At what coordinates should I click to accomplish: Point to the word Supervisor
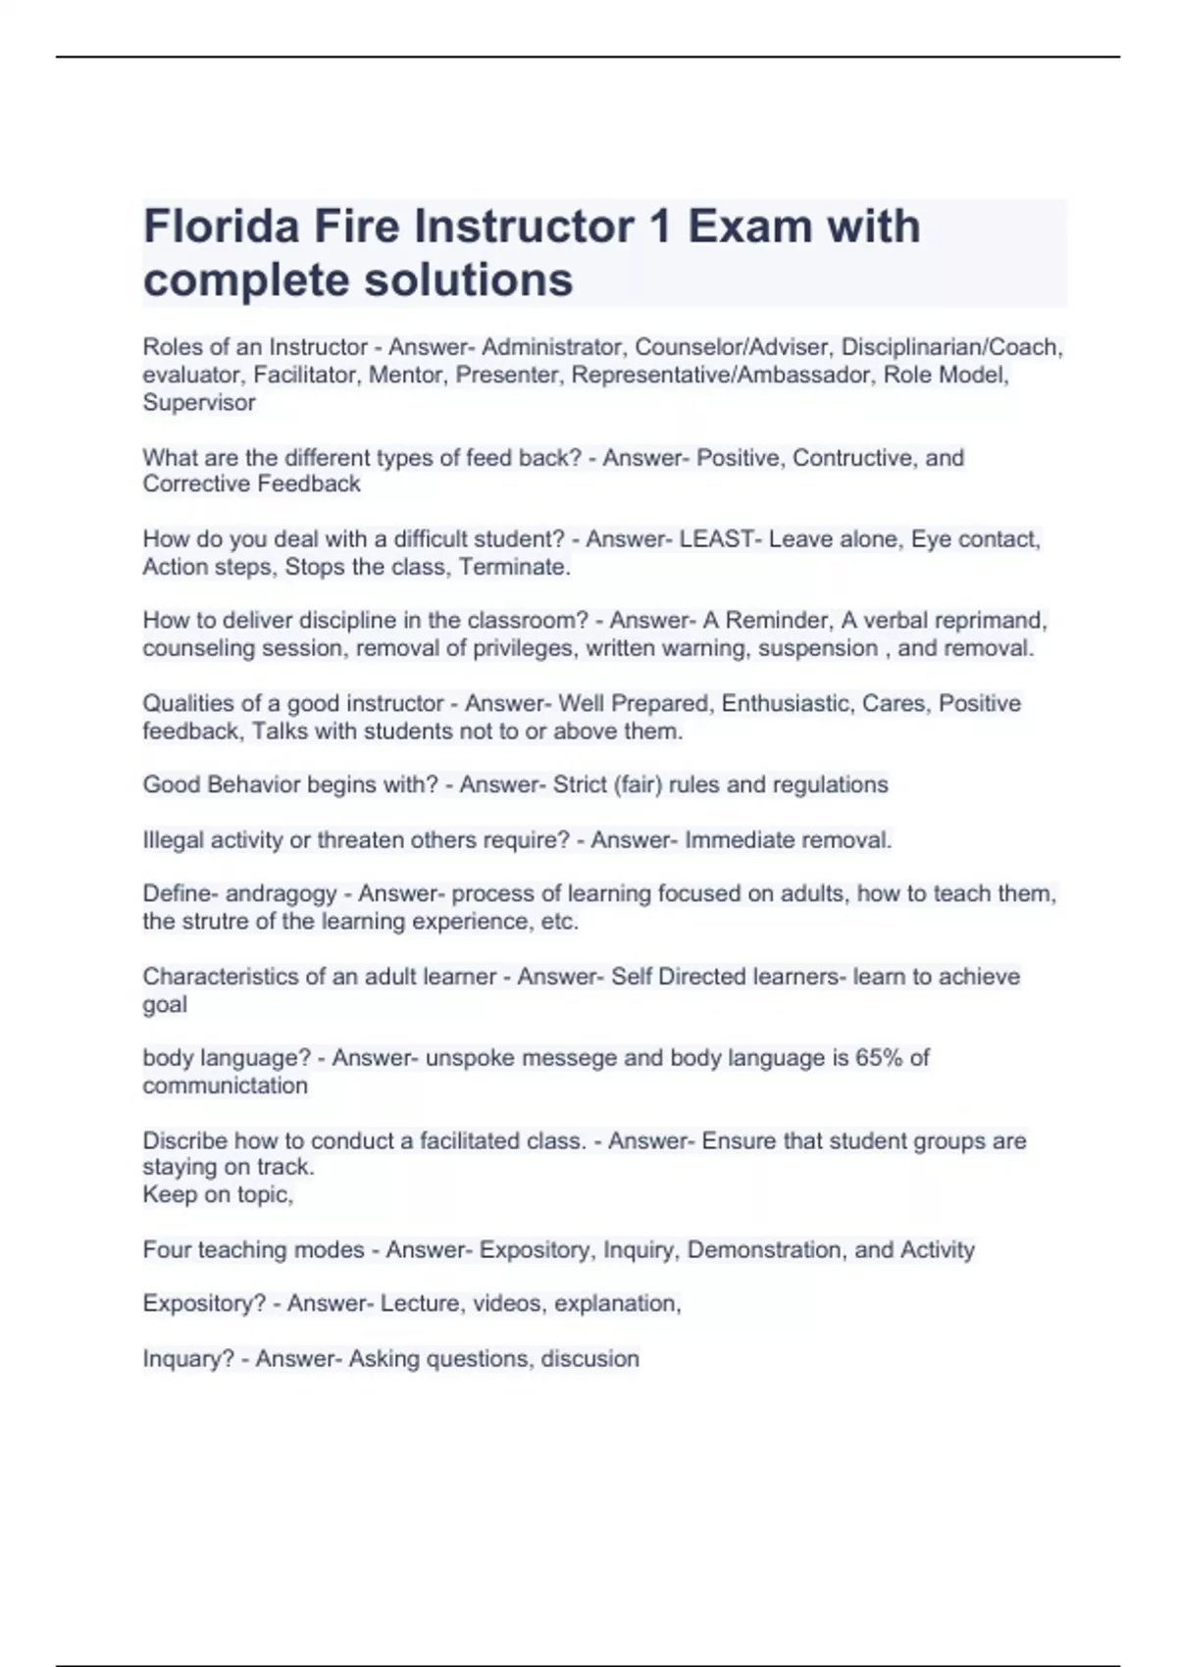[x=199, y=402]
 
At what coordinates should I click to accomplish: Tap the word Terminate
[x=514, y=567]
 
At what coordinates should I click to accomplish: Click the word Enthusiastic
[x=786, y=703]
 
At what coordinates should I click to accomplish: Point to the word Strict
[x=580, y=784]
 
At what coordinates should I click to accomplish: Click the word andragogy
[x=281, y=894]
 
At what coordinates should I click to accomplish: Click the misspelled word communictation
[x=226, y=1086]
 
